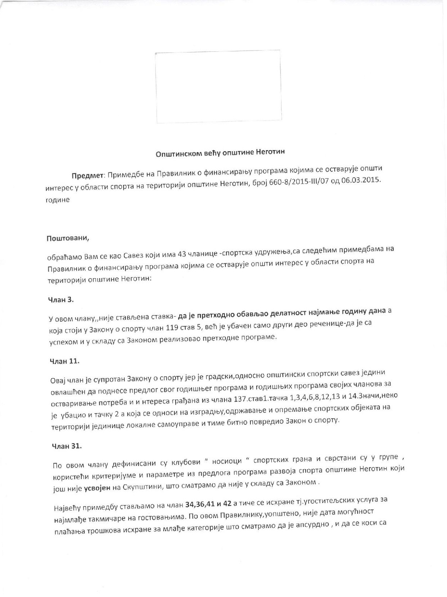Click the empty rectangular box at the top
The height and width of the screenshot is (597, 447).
click(x=218, y=87)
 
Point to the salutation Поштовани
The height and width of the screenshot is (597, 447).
click(x=68, y=238)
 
